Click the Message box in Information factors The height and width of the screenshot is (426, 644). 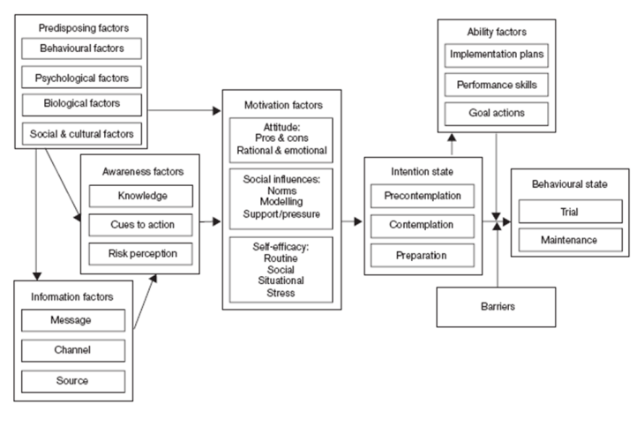click(x=75, y=320)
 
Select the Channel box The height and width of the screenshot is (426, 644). click(x=75, y=350)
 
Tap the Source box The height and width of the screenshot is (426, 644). click(x=75, y=380)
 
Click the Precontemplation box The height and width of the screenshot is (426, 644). click(x=423, y=195)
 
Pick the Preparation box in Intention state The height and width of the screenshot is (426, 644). click(x=423, y=255)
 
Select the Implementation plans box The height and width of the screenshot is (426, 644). click(x=495, y=54)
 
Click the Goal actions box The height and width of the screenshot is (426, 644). click(x=495, y=113)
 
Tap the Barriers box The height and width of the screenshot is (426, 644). click(x=496, y=308)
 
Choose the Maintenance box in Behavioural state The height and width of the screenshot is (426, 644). click(x=570, y=239)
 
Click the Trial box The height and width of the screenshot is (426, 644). click(x=570, y=211)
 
